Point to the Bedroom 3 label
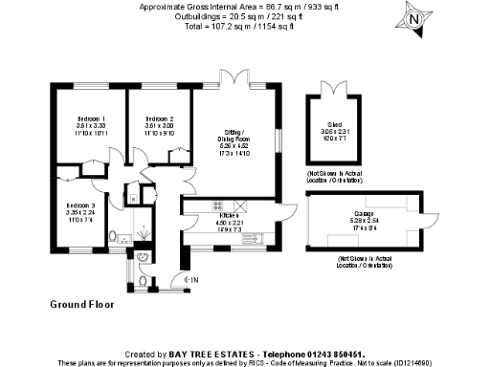(80, 211)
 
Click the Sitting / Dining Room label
(235, 139)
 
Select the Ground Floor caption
(81, 306)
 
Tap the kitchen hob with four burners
(217, 205)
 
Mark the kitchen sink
(239, 205)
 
